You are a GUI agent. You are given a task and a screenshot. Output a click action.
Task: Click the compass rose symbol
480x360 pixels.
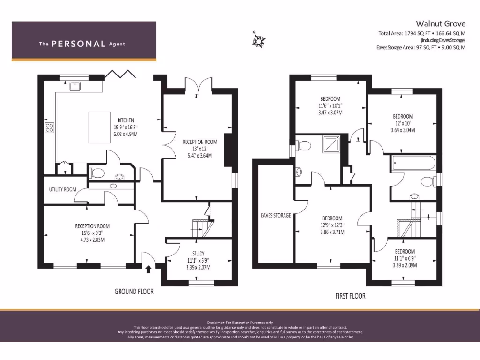pyautogui.click(x=258, y=40)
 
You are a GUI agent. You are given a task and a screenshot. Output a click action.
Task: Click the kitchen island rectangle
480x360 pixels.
pyautogui.click(x=100, y=127)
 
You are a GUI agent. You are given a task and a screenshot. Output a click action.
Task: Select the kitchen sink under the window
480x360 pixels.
pyautogui.click(x=75, y=86)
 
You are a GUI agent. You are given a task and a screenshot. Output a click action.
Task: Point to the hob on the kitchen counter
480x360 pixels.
pyautogui.click(x=49, y=128)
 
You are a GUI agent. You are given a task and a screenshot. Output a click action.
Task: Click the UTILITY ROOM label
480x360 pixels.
pyautogui.click(x=62, y=190)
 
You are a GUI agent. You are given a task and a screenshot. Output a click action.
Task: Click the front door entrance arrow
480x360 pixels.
pyautogui.click(x=149, y=269)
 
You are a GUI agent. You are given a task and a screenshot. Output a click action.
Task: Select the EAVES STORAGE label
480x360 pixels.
pyautogui.click(x=276, y=216)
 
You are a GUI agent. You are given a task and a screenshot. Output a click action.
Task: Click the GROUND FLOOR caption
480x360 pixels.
pyautogui.click(x=134, y=292)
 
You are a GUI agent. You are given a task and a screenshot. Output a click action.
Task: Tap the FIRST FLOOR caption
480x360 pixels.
pyautogui.click(x=350, y=296)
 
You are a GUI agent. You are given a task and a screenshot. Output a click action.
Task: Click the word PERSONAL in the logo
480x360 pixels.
pyautogui.click(x=78, y=44)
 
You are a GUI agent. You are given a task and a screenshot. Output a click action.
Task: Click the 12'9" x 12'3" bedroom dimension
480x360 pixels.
pyautogui.click(x=331, y=225)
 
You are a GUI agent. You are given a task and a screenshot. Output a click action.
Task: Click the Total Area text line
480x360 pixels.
pyautogui.click(x=422, y=33)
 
